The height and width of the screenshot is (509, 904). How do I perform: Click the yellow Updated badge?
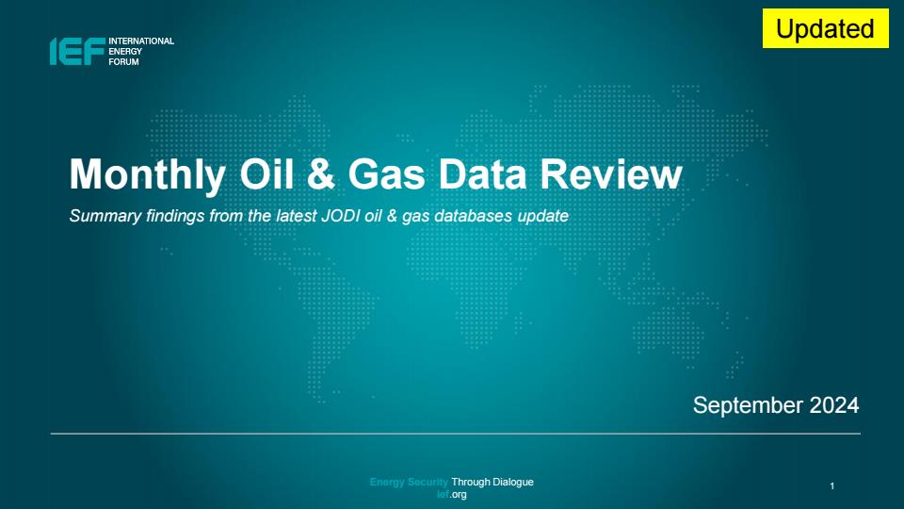pyautogui.click(x=825, y=28)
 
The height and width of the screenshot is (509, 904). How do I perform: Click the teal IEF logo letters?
pyautogui.click(x=77, y=51)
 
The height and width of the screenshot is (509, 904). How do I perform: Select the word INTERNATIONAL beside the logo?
pyautogui.click(x=141, y=41)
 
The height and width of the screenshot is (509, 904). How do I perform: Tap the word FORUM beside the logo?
pyautogui.click(x=124, y=62)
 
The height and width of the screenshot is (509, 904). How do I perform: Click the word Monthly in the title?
pyautogui.click(x=148, y=174)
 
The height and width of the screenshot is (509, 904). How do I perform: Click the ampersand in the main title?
pyautogui.click(x=321, y=174)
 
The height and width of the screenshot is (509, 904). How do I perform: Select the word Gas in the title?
pyautogui.click(x=387, y=174)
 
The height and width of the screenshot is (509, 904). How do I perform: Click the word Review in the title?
pyautogui.click(x=611, y=174)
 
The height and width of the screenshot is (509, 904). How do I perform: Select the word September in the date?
pyautogui.click(x=749, y=405)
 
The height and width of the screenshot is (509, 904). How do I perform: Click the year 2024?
pyautogui.click(x=834, y=405)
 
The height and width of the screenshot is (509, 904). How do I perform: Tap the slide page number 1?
pyautogui.click(x=831, y=486)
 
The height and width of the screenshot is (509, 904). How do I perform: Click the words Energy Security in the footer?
pyautogui.click(x=409, y=482)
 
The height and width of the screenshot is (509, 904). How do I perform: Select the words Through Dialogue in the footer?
pyautogui.click(x=492, y=482)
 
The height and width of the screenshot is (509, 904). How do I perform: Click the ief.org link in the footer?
pyautogui.click(x=451, y=495)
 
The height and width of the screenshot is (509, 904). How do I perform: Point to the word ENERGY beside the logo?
pyautogui.click(x=125, y=51)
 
